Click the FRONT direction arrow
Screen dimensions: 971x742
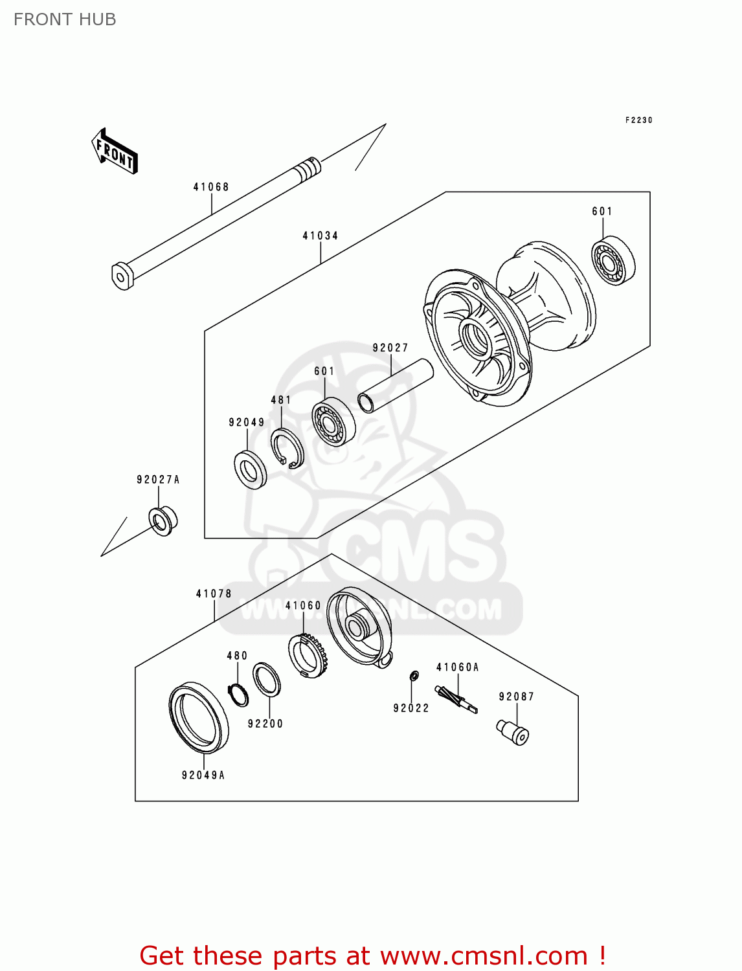coord(115,151)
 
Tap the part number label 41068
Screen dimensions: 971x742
coord(211,187)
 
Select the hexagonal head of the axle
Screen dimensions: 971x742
coord(122,276)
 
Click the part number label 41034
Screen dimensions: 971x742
coord(320,236)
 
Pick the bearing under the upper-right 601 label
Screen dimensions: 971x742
coord(613,262)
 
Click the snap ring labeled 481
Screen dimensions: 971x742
coord(287,448)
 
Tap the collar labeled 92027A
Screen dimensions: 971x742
coord(163,520)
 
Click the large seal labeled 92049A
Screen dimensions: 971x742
coord(199,718)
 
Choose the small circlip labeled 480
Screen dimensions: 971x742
coord(239,695)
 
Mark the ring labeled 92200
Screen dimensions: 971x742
coord(266,680)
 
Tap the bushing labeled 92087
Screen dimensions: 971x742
coord(513,732)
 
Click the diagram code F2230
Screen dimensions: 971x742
coord(638,120)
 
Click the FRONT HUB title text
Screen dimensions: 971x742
coord(65,19)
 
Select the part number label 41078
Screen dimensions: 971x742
coord(214,594)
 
